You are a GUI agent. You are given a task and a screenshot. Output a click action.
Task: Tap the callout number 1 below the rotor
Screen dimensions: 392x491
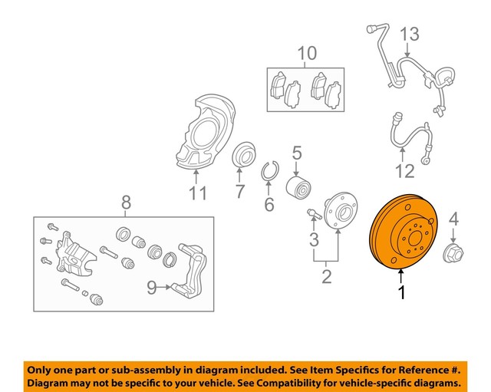(x=400, y=292)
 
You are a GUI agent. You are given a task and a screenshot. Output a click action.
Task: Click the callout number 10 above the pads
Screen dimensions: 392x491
(x=306, y=53)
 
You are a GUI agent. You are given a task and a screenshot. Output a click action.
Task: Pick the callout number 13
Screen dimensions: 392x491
(x=410, y=34)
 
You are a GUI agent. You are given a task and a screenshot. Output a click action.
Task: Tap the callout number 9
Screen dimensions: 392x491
(x=151, y=288)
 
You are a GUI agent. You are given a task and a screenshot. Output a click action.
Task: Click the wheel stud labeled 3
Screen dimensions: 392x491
(x=312, y=212)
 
